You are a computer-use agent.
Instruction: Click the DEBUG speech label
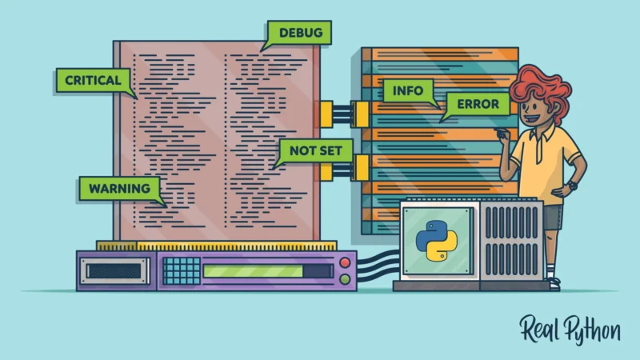299,33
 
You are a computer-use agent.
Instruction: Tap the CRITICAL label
93,80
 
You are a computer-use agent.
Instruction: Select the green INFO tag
407,90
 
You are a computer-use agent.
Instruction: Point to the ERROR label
477,104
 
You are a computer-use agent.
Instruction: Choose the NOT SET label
314,150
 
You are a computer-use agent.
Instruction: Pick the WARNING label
119,189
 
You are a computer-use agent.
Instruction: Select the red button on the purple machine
345,262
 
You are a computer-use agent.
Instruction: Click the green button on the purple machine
345,279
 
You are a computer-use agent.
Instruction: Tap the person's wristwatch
570,186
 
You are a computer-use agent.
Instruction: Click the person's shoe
554,282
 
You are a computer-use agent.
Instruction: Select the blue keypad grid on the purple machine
182,270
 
